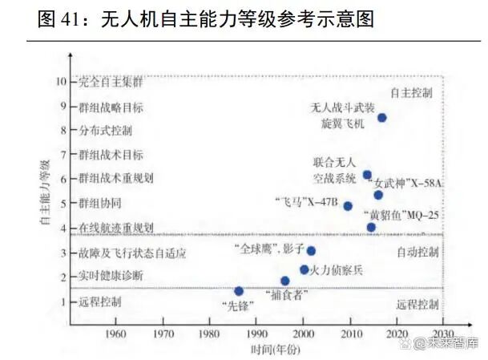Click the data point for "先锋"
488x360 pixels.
(239, 291)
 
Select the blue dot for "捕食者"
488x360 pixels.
(284, 281)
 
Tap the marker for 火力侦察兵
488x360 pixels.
(304, 269)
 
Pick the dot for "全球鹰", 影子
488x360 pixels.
(311, 251)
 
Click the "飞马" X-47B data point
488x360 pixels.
(348, 206)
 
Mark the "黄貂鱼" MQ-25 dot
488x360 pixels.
(371, 227)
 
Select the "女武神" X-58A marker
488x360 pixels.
(378, 195)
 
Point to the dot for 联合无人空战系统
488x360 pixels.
(367, 175)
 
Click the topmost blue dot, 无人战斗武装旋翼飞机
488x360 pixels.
(382, 117)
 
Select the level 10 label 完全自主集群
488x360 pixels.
(111, 82)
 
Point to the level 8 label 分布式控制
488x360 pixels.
(106, 130)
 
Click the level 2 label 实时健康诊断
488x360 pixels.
(111, 277)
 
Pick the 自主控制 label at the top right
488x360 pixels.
(411, 92)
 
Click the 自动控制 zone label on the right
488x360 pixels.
(417, 252)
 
